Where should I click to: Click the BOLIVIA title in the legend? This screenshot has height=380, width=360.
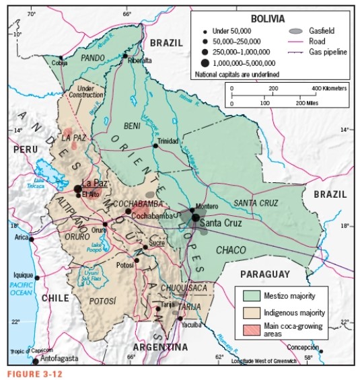click(x=267, y=19)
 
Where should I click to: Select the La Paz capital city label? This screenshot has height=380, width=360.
click(x=94, y=183)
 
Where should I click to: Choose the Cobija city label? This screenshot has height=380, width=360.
click(x=60, y=64)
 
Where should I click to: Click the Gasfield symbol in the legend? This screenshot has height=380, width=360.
click(x=295, y=31)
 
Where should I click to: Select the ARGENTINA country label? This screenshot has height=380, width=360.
click(x=160, y=348)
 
